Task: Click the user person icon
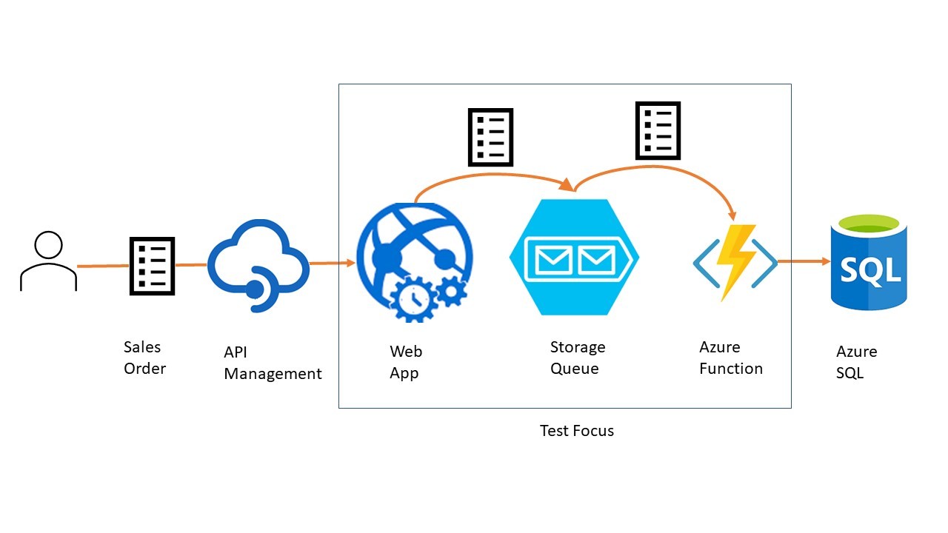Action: pyautogui.click(x=48, y=262)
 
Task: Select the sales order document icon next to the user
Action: pyautogui.click(x=152, y=266)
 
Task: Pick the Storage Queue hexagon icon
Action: pyautogui.click(x=574, y=257)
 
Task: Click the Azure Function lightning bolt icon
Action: pyautogui.click(x=735, y=263)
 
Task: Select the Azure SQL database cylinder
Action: pyautogui.click(x=868, y=262)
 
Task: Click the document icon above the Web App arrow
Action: pyautogui.click(x=490, y=137)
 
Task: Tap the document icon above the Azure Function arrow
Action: pyautogui.click(x=658, y=131)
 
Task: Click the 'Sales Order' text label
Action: pyautogui.click(x=144, y=358)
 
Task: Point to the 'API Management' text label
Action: pyautogui.click(x=273, y=363)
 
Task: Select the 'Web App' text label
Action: pyautogui.click(x=405, y=362)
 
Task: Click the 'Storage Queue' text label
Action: pyautogui.click(x=577, y=358)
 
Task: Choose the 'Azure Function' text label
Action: pyautogui.click(x=730, y=358)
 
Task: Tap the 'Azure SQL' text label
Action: pyautogui.click(x=856, y=362)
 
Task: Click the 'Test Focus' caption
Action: pyautogui.click(x=576, y=430)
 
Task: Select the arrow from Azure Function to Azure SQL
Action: pyautogui.click(x=804, y=261)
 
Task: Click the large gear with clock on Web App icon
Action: pyautogui.click(x=413, y=300)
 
